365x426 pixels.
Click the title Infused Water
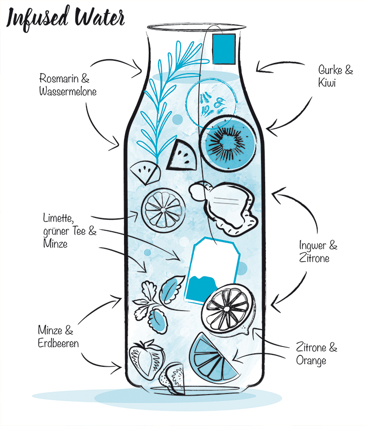[65, 18]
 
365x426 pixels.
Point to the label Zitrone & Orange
[316, 354]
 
